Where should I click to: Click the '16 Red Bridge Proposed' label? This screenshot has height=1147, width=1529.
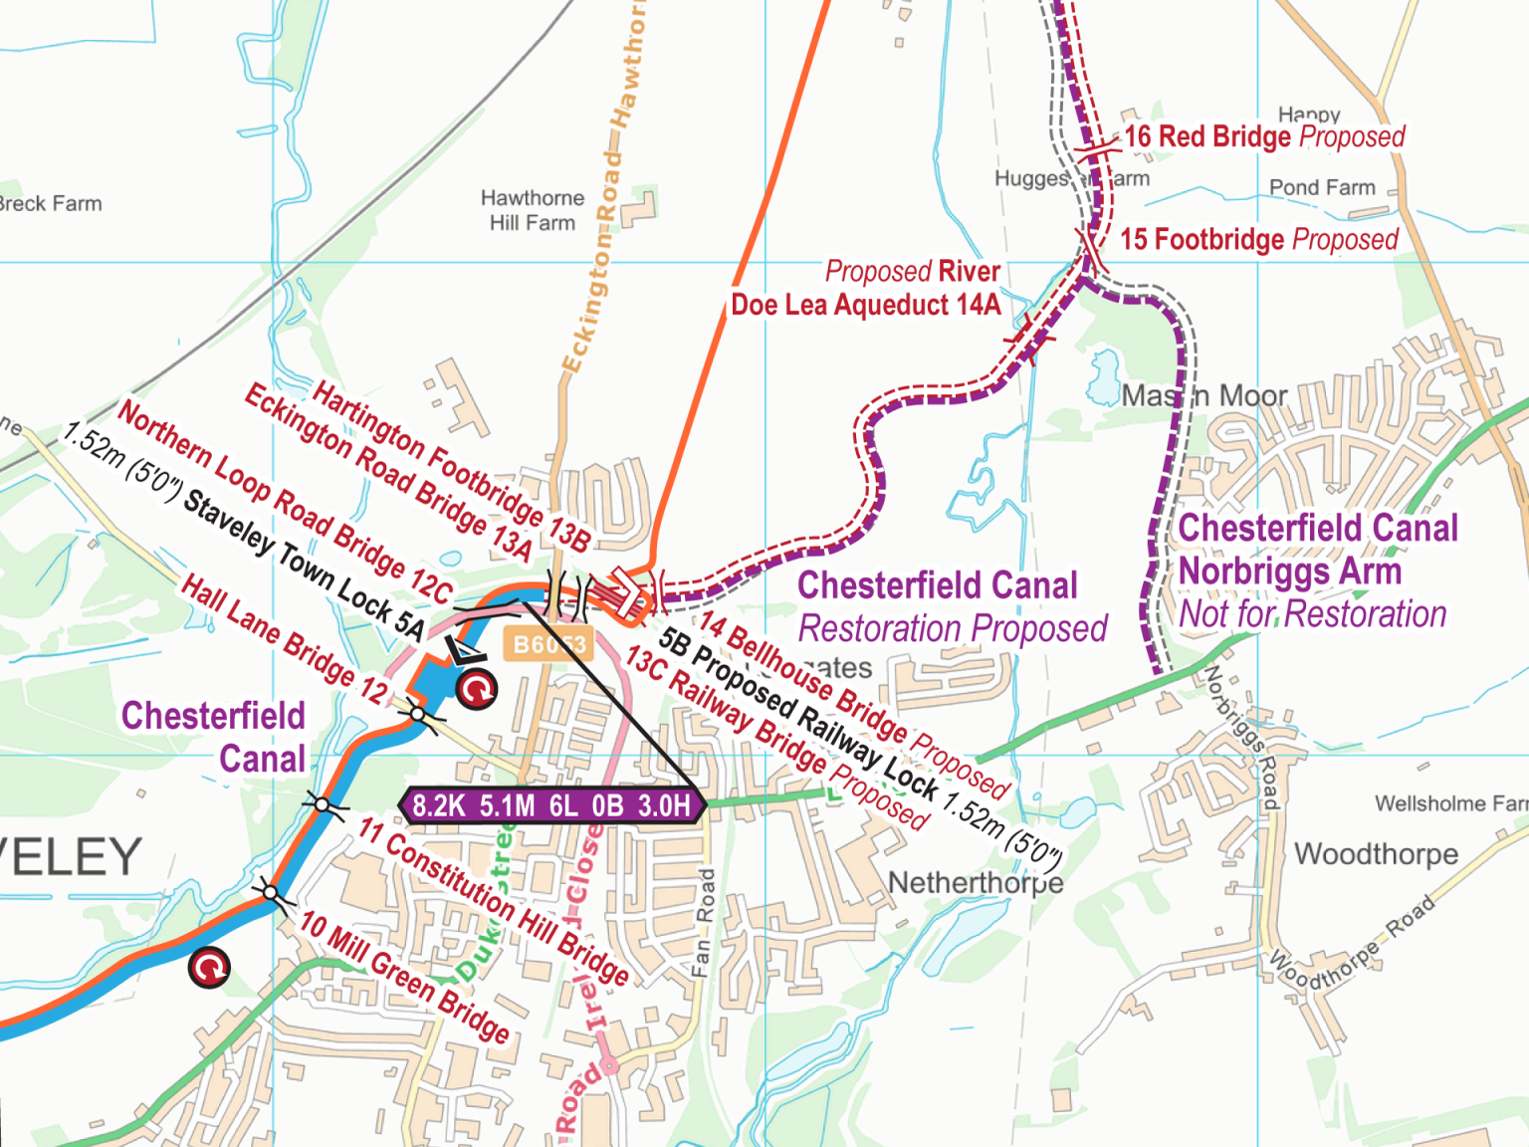1264,136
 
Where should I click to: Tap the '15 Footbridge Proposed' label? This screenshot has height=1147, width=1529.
1259,240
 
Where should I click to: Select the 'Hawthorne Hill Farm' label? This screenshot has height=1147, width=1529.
533,210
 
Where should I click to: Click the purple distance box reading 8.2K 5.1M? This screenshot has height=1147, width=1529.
551,805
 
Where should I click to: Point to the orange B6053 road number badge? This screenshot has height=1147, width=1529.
547,645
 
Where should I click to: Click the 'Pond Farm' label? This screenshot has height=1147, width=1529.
1322,188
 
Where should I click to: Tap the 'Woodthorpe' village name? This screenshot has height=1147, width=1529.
1376,854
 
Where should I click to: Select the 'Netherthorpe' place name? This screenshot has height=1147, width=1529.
975,883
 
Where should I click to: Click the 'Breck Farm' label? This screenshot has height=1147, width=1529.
50,204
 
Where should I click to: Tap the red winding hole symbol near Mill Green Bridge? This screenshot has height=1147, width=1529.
209,967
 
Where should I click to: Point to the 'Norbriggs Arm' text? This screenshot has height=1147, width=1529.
1289,572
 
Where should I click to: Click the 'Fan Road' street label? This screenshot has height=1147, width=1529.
704,922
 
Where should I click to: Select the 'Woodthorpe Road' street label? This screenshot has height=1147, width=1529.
1351,943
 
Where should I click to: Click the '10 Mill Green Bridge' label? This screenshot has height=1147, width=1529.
405,977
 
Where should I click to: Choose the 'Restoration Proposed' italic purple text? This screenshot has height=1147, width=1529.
953,629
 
